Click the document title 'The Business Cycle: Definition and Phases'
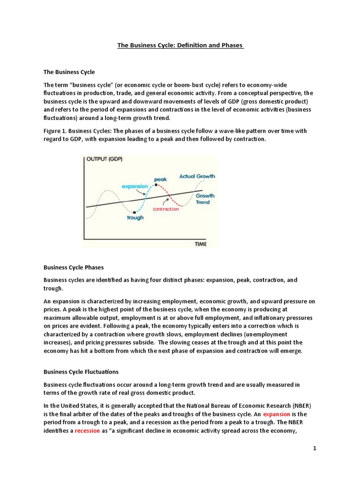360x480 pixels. tap(180, 45)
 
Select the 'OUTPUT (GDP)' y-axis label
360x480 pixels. tap(105, 159)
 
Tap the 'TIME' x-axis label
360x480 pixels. tap(200, 244)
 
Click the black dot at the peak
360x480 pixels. tap(156, 185)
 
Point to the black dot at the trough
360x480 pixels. tap(135, 212)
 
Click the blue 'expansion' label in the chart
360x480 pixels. tap(135, 186)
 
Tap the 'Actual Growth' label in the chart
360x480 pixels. tap(197, 176)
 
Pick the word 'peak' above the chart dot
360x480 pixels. tap(160, 179)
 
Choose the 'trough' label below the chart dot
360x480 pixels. tap(135, 218)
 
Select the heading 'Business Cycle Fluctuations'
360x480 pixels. tap(81, 372)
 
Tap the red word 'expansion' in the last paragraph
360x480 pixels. tap(277, 415)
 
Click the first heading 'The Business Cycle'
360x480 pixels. tap(69, 72)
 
